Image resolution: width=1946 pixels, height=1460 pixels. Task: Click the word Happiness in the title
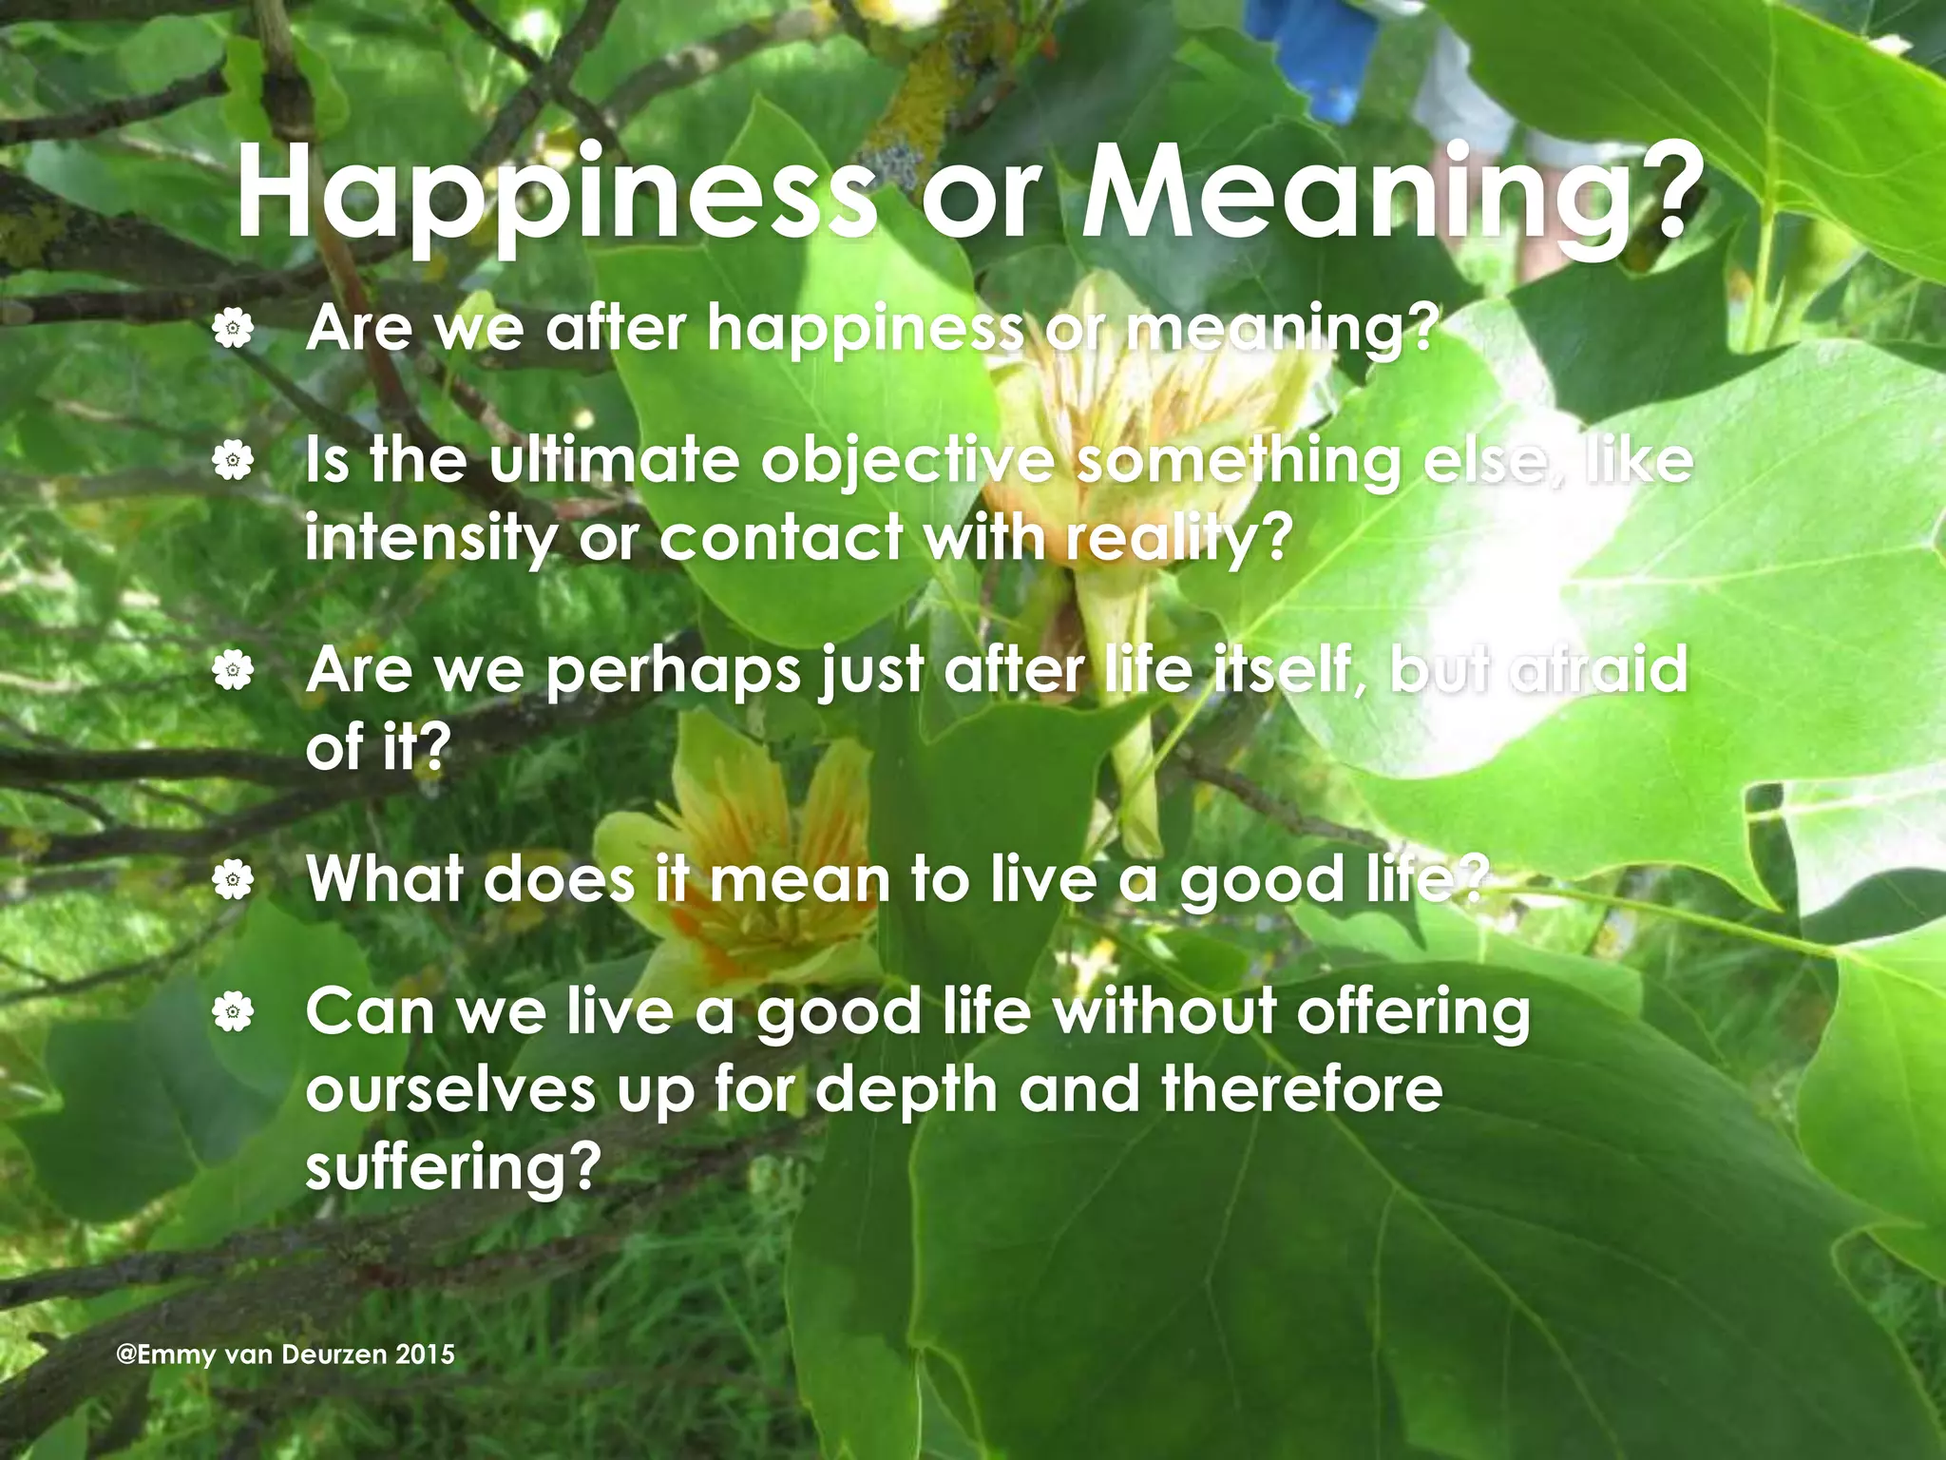point(556,195)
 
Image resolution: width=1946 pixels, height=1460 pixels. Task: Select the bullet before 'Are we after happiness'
point(233,330)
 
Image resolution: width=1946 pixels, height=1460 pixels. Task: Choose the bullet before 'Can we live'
point(233,1012)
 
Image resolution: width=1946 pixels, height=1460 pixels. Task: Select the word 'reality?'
point(1178,540)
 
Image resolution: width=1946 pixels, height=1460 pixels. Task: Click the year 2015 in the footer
point(425,1354)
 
